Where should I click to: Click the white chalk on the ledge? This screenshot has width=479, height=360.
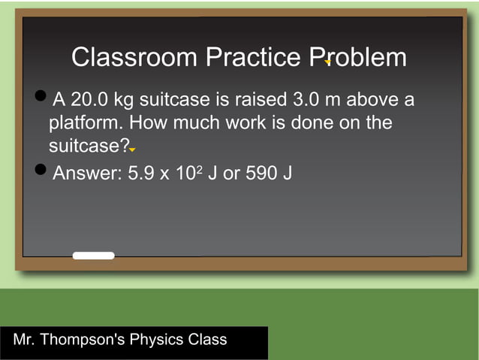coord(94,256)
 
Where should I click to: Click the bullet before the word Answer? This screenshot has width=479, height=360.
coord(41,170)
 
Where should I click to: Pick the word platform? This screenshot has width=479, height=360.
coord(80,123)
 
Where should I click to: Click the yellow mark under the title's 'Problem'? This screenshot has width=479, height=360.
coord(327,62)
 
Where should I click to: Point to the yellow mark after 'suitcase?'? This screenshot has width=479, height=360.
coord(131,150)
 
